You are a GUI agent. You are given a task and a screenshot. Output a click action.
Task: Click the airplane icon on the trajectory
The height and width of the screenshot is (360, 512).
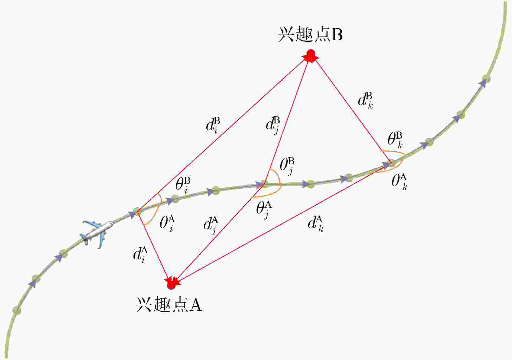(97, 233)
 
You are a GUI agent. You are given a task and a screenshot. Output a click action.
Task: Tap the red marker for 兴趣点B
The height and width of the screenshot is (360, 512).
(311, 55)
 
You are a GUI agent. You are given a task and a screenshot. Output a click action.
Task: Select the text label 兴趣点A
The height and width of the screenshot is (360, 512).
(169, 305)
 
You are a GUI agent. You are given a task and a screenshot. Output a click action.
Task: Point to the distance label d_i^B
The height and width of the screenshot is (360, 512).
(213, 125)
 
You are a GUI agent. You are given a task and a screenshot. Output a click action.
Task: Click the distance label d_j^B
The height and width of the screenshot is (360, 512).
(273, 125)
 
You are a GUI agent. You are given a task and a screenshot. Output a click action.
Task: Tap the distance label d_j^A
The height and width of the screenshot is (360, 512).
(211, 225)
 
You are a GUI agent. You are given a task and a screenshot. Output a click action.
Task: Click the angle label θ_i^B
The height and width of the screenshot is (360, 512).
(183, 185)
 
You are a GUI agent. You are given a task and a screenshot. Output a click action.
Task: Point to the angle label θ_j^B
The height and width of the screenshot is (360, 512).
(287, 166)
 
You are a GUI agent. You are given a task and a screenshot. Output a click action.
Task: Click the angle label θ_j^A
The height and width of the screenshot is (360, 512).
(264, 210)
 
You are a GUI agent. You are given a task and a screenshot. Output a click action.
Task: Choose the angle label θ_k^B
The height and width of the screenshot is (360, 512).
(395, 140)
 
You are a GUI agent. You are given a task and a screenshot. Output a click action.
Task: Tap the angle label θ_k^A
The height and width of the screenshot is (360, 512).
(400, 182)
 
